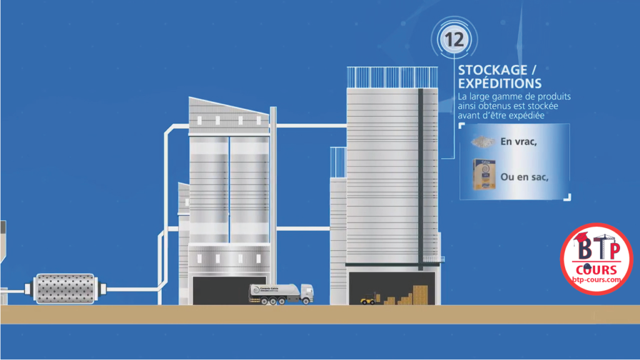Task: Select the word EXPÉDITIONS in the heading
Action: (x=500, y=83)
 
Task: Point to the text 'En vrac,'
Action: (x=519, y=141)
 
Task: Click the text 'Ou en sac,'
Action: (x=524, y=177)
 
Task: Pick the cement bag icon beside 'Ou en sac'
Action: (x=484, y=175)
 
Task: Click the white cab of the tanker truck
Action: (x=306, y=292)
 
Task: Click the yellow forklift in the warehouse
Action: (x=367, y=299)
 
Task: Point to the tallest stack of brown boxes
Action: (x=420, y=294)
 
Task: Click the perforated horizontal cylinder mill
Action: (x=65, y=288)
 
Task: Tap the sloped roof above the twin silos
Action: (x=228, y=107)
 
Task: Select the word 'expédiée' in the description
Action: (x=542, y=115)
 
